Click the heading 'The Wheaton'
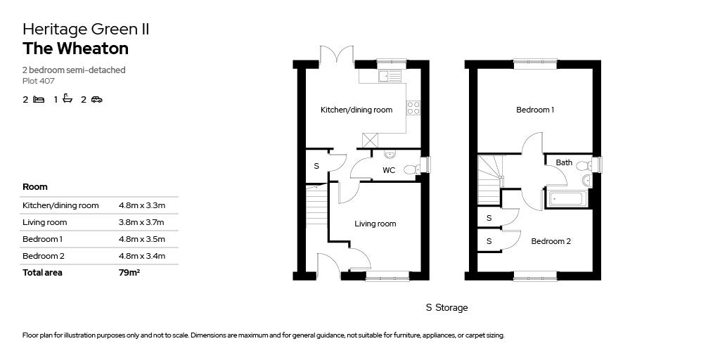[x=75, y=49]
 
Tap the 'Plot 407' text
[x=39, y=81]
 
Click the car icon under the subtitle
[x=96, y=99]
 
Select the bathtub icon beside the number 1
[x=68, y=98]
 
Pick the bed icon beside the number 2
[x=39, y=99]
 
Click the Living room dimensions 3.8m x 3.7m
[x=141, y=222]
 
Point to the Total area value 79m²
[x=129, y=272]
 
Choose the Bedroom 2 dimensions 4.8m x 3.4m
[x=142, y=256]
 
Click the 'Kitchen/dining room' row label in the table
[x=60, y=205]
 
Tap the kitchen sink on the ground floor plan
[x=390, y=76]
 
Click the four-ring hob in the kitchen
[x=413, y=108]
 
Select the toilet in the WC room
[x=412, y=170]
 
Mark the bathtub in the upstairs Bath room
[x=565, y=199]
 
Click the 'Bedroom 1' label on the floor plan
[x=535, y=110]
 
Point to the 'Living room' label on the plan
[x=375, y=224]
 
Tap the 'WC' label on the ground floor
[x=389, y=170]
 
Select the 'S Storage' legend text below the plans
[x=446, y=308]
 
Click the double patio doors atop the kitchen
[x=337, y=54]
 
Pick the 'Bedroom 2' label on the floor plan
[x=551, y=241]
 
